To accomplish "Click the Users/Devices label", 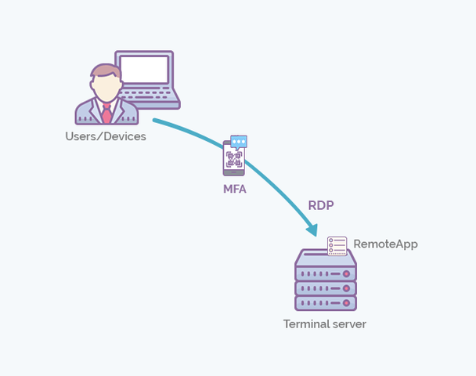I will point(106,136).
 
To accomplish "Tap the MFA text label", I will point(235,188).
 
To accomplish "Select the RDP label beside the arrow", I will point(322,206).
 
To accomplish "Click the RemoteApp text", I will point(385,244).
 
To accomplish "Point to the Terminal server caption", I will point(324,324).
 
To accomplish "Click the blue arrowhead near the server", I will point(312,230).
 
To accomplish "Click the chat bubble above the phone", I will point(239,142).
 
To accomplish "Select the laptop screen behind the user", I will point(143,70).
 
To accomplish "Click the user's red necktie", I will point(106,113).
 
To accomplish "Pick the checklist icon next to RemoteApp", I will point(337,245).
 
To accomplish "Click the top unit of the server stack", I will point(326,272).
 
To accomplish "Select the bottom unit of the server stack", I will point(326,303).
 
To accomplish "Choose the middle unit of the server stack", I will point(326,287).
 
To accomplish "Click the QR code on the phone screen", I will point(234,160).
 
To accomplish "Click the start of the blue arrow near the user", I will point(155,121).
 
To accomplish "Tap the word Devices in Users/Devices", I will point(124,136).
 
